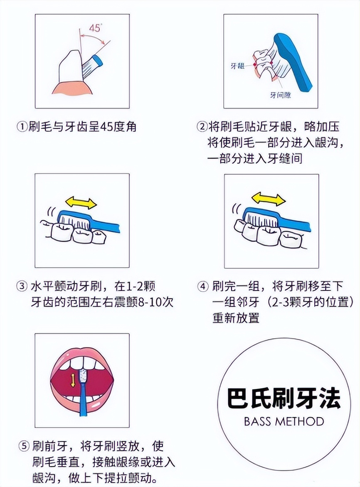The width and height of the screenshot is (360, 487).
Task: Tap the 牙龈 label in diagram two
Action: pos(237,66)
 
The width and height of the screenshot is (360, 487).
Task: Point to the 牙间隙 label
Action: pos(280,95)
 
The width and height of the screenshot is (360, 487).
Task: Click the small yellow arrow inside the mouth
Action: pos(73,379)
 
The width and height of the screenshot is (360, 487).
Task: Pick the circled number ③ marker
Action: pos(22,286)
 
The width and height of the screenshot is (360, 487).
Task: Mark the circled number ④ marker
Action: pos(202,286)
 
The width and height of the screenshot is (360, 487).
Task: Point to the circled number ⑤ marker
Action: pos(24,447)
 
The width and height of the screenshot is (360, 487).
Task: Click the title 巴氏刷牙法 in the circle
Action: pos(284,398)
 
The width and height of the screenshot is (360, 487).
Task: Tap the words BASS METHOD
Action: pos(284,421)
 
